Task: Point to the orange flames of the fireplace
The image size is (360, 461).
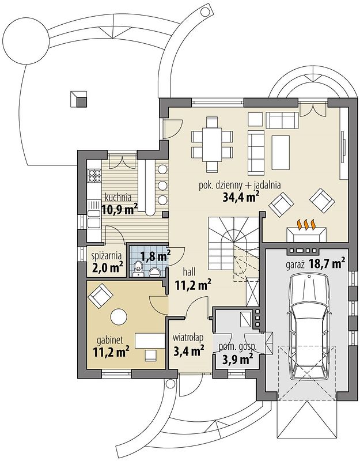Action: pos(306,225)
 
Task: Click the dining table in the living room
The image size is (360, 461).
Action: pos(213,145)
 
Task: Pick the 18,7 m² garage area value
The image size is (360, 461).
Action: pos(327,264)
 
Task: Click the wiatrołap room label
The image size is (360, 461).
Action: pos(188,338)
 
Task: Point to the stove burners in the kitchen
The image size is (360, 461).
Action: pos(94,176)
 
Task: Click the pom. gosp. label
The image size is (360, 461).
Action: pos(237,347)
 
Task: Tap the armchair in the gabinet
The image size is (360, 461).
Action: pos(100,295)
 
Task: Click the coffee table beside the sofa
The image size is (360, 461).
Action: pos(281,153)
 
